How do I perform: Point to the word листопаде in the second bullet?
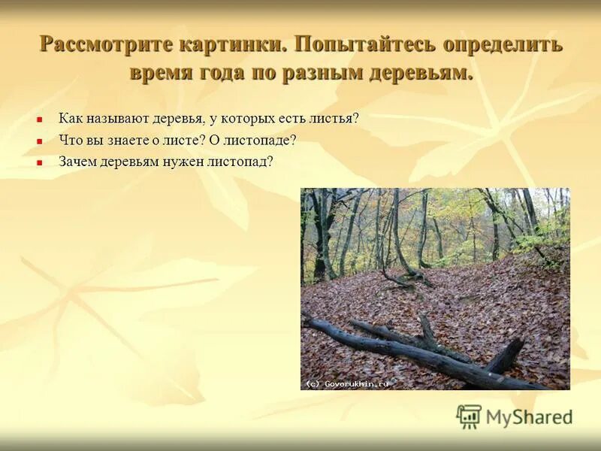[x=266, y=141]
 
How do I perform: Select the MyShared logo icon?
[x=469, y=416]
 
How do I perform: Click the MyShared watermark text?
[x=529, y=418]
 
